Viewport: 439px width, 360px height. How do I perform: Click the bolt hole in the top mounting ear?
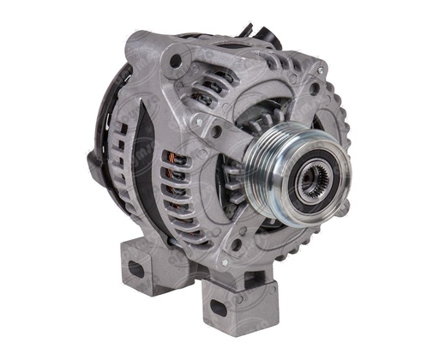pos(175,61)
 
